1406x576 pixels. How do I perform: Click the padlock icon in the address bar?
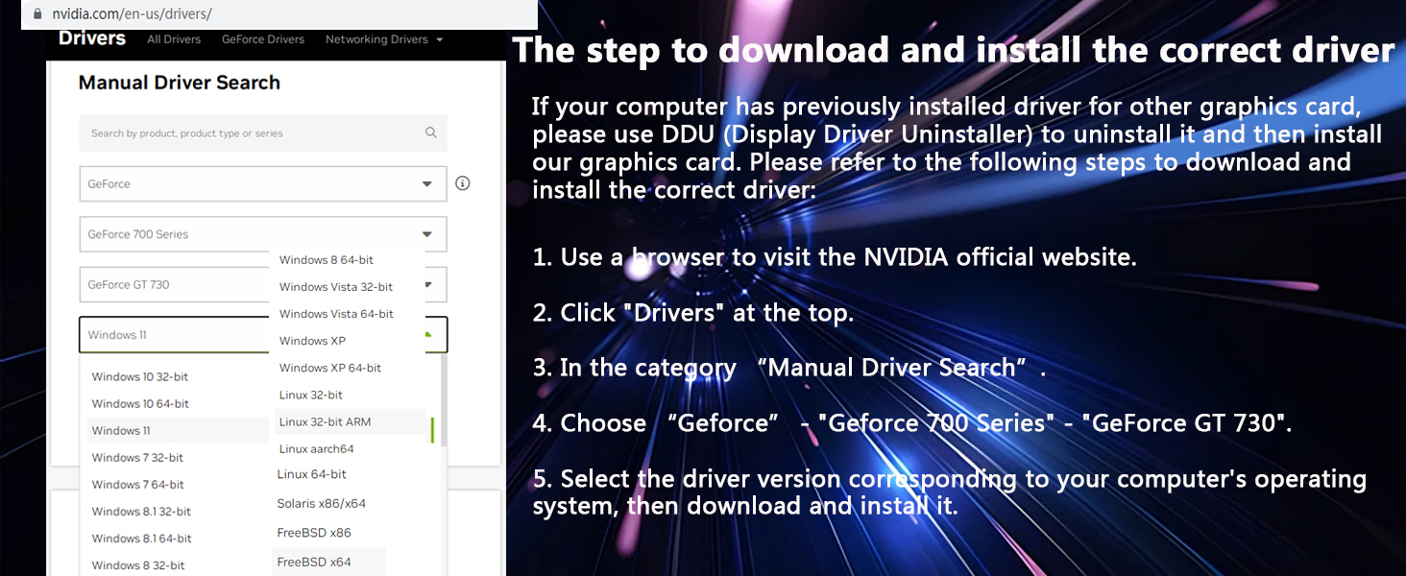point(37,13)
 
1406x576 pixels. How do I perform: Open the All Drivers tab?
point(174,39)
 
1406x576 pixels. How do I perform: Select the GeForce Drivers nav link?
point(263,39)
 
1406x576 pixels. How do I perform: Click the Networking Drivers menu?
point(384,39)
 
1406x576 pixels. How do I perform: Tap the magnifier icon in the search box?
point(431,132)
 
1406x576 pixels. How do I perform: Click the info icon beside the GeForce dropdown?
point(463,183)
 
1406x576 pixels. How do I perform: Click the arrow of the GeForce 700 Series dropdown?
point(426,234)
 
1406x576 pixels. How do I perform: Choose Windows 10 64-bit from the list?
point(140,403)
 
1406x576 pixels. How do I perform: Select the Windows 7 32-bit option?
point(137,457)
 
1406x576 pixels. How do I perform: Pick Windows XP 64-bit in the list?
point(330,368)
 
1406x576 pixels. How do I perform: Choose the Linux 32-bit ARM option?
point(326,421)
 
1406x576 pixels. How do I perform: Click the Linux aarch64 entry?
point(316,448)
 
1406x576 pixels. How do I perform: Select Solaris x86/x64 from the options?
point(322,503)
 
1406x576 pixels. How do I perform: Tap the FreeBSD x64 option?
point(314,562)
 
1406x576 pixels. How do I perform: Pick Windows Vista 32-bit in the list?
point(336,287)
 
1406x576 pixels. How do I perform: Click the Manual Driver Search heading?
point(180,83)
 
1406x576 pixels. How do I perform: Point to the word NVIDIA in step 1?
point(906,257)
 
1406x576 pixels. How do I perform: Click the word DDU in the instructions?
point(688,134)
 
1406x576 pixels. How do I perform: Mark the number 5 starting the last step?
point(539,479)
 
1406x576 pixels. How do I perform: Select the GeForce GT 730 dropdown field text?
point(129,284)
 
